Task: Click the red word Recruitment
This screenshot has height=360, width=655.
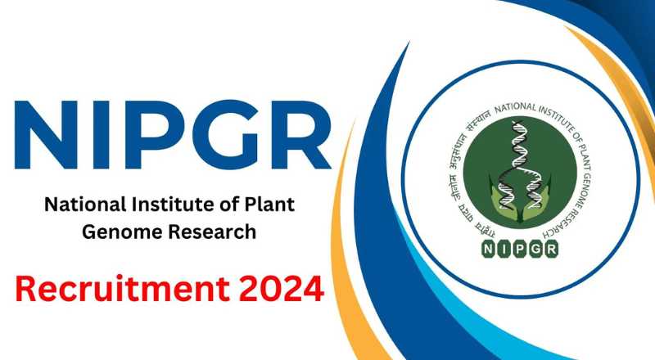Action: [123, 289]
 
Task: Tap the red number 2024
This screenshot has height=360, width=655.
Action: [281, 289]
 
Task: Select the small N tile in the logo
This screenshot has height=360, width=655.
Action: [488, 250]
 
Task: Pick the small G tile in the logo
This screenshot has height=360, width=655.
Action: [535, 250]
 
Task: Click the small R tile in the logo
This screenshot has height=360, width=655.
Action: [551, 250]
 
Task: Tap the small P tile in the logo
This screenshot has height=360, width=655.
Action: [519, 250]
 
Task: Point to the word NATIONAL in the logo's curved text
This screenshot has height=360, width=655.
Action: [515, 108]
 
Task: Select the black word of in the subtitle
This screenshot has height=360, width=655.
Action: [229, 205]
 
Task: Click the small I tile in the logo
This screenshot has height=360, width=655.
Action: [504, 250]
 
